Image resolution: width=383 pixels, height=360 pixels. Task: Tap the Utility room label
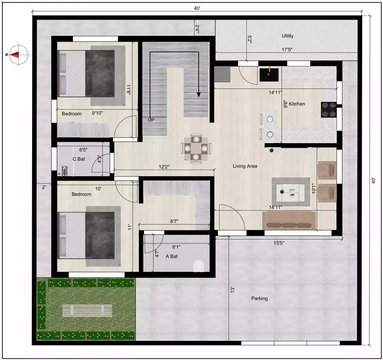click(288, 36)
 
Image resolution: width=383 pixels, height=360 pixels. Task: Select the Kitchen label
click(297, 104)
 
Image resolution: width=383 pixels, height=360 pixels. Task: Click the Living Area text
click(245, 166)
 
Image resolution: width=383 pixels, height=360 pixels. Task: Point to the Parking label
click(259, 298)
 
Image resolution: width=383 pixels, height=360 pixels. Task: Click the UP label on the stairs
click(151, 119)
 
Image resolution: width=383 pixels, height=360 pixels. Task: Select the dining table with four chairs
click(196, 148)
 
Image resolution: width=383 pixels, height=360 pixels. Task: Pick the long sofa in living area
click(289, 220)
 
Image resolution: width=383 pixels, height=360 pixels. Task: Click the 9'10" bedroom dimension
click(100, 113)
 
